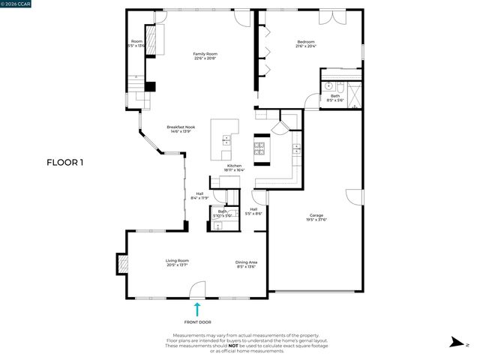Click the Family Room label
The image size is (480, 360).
[205, 54]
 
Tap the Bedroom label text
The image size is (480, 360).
[305, 42]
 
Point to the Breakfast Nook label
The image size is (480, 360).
[181, 127]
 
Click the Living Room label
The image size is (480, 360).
[177, 261]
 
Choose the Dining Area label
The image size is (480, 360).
[247, 261]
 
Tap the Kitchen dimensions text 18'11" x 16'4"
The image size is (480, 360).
[234, 170]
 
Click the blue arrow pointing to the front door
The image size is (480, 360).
[197, 308]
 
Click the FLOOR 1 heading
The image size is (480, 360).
[65, 161]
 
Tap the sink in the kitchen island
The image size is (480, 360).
[226, 139]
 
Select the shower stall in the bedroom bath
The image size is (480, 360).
[353, 88]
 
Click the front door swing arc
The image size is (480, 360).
[196, 289]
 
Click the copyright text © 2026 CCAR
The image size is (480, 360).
[16, 4]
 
